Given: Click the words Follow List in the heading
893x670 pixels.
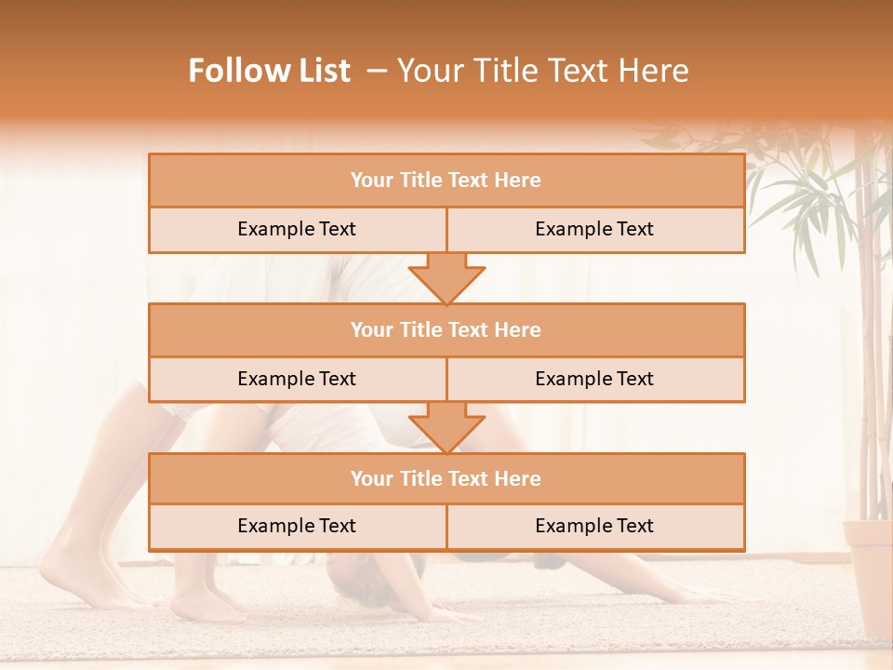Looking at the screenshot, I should pyautogui.click(x=270, y=71).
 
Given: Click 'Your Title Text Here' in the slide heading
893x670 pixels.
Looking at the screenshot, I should pyautogui.click(x=542, y=71).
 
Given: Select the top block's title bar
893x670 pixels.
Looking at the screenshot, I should pyautogui.click(x=446, y=181).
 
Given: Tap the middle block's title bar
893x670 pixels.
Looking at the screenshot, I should pyautogui.click(x=446, y=329).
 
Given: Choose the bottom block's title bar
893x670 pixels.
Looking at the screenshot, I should pyautogui.click(x=446, y=478).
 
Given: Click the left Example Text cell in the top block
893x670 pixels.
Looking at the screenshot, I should pyautogui.click(x=297, y=230).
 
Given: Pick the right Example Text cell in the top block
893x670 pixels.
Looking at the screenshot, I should pyautogui.click(x=595, y=230).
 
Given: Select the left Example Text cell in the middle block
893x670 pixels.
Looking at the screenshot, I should pyautogui.click(x=297, y=379).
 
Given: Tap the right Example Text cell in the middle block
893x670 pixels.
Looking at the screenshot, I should pyautogui.click(x=595, y=379).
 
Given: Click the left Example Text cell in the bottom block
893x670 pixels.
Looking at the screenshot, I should pyautogui.click(x=297, y=527).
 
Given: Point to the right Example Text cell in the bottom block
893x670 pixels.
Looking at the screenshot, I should pyautogui.click(x=595, y=527).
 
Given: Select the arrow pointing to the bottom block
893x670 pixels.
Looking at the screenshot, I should pyautogui.click(x=446, y=427).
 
